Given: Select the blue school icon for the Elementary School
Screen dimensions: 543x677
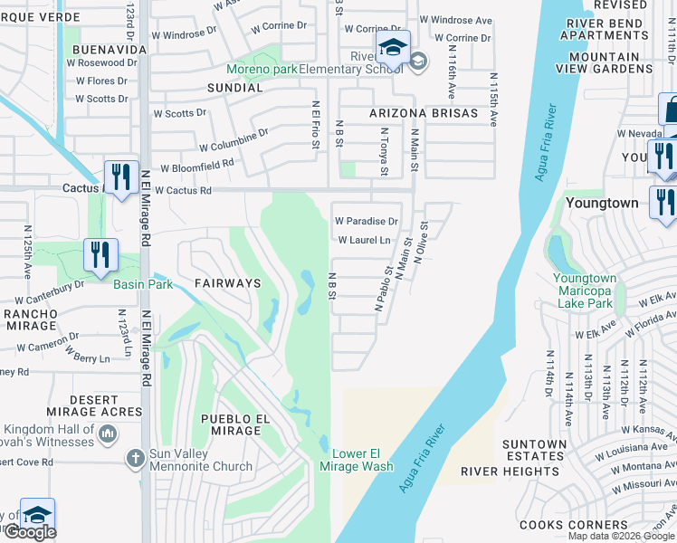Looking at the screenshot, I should tap(393, 48).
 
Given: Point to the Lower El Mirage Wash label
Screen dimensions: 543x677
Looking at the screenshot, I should tap(357, 460).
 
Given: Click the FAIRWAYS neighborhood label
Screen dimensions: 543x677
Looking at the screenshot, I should tap(227, 283).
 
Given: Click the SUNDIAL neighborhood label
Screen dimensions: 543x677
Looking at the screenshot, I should tap(234, 88).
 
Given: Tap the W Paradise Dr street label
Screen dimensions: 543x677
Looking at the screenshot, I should tap(367, 221).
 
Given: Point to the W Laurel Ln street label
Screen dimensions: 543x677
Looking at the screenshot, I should tap(364, 241).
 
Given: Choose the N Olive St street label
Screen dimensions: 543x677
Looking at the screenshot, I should tap(421, 243).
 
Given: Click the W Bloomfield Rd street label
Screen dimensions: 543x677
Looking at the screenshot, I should tap(197, 167).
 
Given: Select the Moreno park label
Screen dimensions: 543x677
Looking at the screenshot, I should tap(262, 69).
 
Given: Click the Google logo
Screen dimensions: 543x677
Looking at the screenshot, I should tap(30, 532).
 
